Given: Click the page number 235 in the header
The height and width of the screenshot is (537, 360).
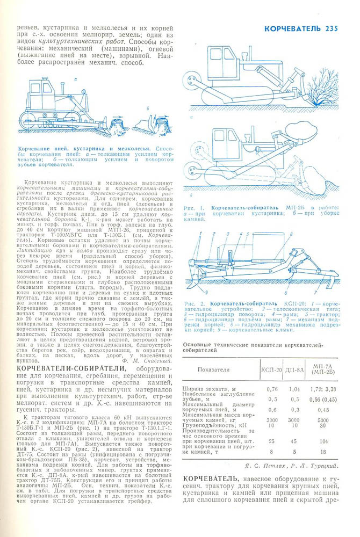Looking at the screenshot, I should pos(328,29).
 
